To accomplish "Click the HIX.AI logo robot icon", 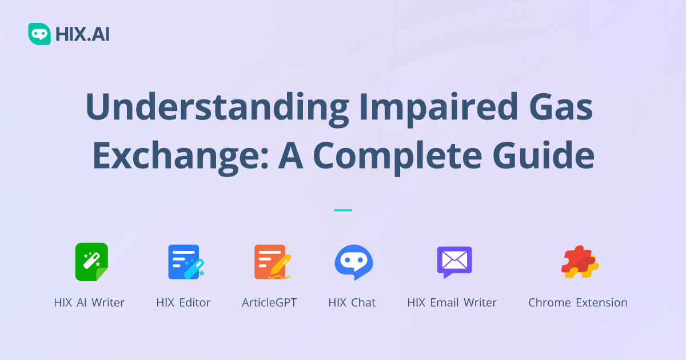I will [39, 34].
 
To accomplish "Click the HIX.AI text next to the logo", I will [82, 34].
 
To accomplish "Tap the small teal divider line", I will [342, 210].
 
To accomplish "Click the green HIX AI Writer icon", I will [91, 262].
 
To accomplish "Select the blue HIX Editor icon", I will [184, 262].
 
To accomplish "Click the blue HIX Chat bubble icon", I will [353, 262].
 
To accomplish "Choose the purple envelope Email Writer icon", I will [454, 262].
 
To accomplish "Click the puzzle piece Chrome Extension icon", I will [579, 262].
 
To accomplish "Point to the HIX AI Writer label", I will [89, 302].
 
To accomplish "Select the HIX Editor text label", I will [184, 302].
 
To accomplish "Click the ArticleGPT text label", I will [269, 302].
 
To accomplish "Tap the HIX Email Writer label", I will [452, 302].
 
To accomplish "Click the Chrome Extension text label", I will [577, 302].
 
